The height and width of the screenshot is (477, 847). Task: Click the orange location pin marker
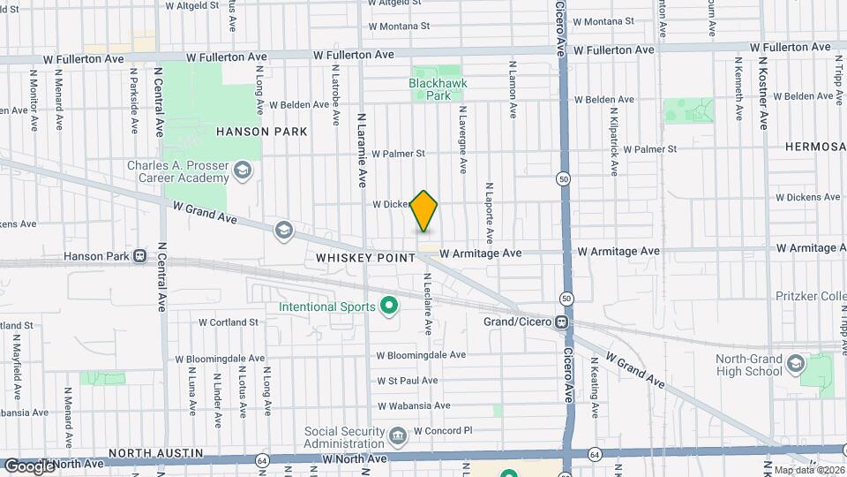tap(424, 211)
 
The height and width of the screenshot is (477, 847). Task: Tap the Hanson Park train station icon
tap(139, 256)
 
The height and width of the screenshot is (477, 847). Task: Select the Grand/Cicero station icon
tap(561, 322)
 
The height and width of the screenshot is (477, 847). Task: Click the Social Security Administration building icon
tap(397, 435)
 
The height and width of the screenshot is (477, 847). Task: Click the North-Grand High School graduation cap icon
tap(797, 365)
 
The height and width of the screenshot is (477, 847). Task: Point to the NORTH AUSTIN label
tap(49, 453)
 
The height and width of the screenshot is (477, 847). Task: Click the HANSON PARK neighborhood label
tap(261, 132)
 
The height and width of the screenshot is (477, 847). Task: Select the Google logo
tap(29, 466)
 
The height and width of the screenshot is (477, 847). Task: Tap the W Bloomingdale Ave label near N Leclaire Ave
tap(421, 354)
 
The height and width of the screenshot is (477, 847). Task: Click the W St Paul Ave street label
tap(407, 381)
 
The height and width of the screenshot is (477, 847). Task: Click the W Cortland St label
tap(228, 322)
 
